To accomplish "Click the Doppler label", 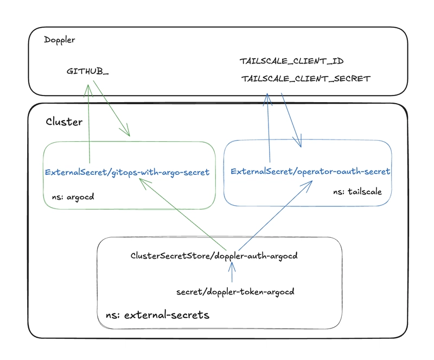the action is click(x=60, y=40).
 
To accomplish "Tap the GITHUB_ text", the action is click(x=87, y=72).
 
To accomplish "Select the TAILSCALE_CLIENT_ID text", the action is click(x=291, y=61).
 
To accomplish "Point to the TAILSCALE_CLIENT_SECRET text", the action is click(x=306, y=79).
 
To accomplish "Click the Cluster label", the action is click(x=64, y=122).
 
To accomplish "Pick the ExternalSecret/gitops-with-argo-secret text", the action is click(x=127, y=172).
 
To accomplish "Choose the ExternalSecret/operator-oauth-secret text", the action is click(x=310, y=172).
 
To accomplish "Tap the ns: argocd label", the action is click(x=73, y=197).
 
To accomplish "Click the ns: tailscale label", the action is click(x=358, y=192).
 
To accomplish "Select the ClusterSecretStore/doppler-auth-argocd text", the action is click(x=214, y=256).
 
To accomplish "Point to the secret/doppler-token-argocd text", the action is click(x=235, y=292).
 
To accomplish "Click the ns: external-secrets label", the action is click(x=157, y=315).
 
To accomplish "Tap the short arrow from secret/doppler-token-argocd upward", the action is click(x=232, y=272).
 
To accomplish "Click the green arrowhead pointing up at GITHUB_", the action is click(x=88, y=90).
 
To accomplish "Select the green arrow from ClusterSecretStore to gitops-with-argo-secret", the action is click(x=183, y=214).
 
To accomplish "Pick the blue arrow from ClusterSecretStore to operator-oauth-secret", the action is click(x=276, y=216).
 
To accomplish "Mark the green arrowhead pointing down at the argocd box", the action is click(x=125, y=131).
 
